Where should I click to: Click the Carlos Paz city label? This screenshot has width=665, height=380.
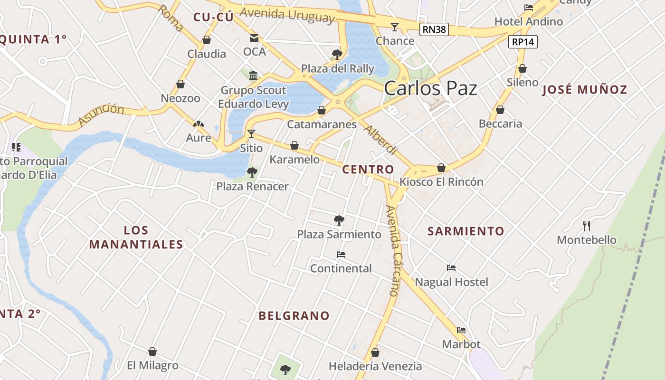(x=430, y=88)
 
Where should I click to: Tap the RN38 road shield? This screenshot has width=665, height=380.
(x=434, y=30)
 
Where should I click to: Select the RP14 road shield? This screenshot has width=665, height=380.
(x=523, y=42)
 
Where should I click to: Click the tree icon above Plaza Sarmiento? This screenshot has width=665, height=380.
(x=339, y=220)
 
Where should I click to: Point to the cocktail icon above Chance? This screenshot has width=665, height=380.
(x=395, y=27)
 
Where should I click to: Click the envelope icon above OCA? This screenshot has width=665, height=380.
(x=254, y=38)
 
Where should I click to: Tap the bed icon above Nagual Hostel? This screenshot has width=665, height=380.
(x=451, y=268)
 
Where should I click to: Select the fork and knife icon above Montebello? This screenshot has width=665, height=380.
(x=587, y=226)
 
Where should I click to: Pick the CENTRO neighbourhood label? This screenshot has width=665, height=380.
(x=368, y=170)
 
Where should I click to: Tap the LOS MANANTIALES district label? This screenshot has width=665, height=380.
(x=136, y=237)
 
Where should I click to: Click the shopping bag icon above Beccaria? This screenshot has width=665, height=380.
(x=500, y=110)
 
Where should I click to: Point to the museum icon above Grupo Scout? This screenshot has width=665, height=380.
(x=253, y=76)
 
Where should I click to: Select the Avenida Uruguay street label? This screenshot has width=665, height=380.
(x=287, y=15)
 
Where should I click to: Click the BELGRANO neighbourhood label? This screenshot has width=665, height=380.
(x=294, y=315)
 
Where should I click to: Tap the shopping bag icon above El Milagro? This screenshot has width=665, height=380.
(x=152, y=351)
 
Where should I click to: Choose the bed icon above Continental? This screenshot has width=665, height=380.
(x=341, y=255)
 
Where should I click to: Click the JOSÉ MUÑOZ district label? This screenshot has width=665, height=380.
(x=585, y=89)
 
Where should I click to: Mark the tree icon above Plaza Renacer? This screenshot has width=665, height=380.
(x=252, y=172)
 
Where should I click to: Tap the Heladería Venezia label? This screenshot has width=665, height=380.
(x=375, y=366)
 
